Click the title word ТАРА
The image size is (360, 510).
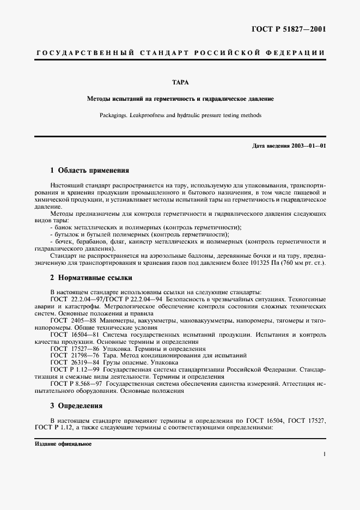click(180, 83)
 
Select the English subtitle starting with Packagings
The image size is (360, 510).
click(180, 116)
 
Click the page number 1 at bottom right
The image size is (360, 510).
click(324, 453)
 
